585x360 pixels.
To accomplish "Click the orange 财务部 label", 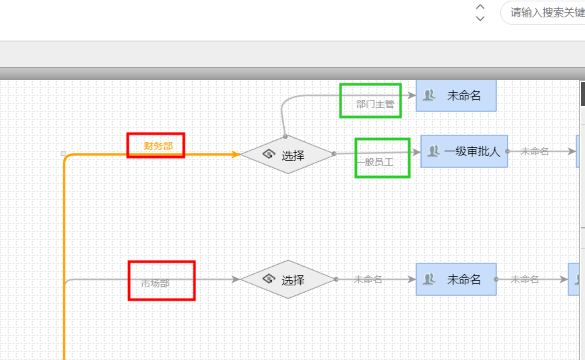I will [158, 146].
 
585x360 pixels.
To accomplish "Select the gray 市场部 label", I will [155, 283].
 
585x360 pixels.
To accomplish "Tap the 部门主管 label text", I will [375, 104].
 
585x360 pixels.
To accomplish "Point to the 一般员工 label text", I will [375, 162].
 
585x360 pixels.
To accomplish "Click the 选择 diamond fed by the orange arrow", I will [287, 155].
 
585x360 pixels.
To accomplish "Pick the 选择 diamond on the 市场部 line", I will [287, 279].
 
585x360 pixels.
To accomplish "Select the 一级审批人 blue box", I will [464, 151].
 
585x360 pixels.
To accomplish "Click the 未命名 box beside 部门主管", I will [456, 95].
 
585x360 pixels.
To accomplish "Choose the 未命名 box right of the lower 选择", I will [456, 279].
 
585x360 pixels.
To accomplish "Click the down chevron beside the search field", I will [480, 19].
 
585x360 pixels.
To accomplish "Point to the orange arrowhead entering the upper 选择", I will [235, 155].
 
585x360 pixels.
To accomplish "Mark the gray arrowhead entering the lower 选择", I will [235, 279].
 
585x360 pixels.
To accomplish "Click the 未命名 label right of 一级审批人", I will [534, 151].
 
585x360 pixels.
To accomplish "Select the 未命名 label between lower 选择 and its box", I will [368, 279].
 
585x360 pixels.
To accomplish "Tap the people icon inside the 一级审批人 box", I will [433, 151].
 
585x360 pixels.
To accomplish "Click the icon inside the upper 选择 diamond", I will [269, 155].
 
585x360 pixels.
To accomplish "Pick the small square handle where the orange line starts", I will [63, 153].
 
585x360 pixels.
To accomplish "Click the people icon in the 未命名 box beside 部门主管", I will [430, 95].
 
